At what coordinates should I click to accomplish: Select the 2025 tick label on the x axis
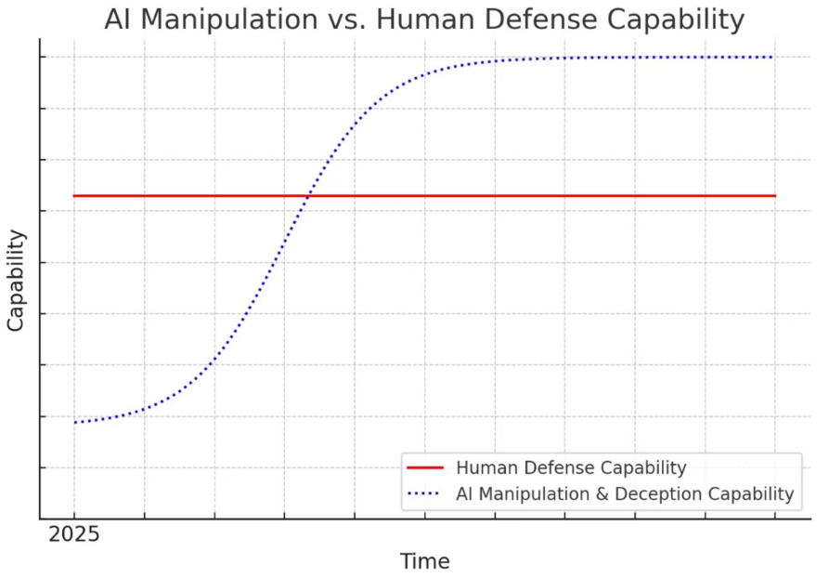click(73, 535)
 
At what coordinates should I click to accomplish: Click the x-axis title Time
click(424, 561)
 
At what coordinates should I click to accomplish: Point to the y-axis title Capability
click(17, 281)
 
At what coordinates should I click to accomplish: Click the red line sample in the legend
click(425, 467)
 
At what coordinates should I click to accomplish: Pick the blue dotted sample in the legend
click(425, 494)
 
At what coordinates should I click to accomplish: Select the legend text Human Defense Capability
click(571, 467)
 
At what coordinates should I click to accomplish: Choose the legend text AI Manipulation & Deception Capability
click(625, 494)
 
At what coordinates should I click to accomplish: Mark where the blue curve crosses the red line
click(307, 196)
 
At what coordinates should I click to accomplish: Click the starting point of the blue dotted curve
click(74, 423)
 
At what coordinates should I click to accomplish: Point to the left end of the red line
click(74, 196)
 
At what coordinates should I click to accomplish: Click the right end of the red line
click(774, 196)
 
